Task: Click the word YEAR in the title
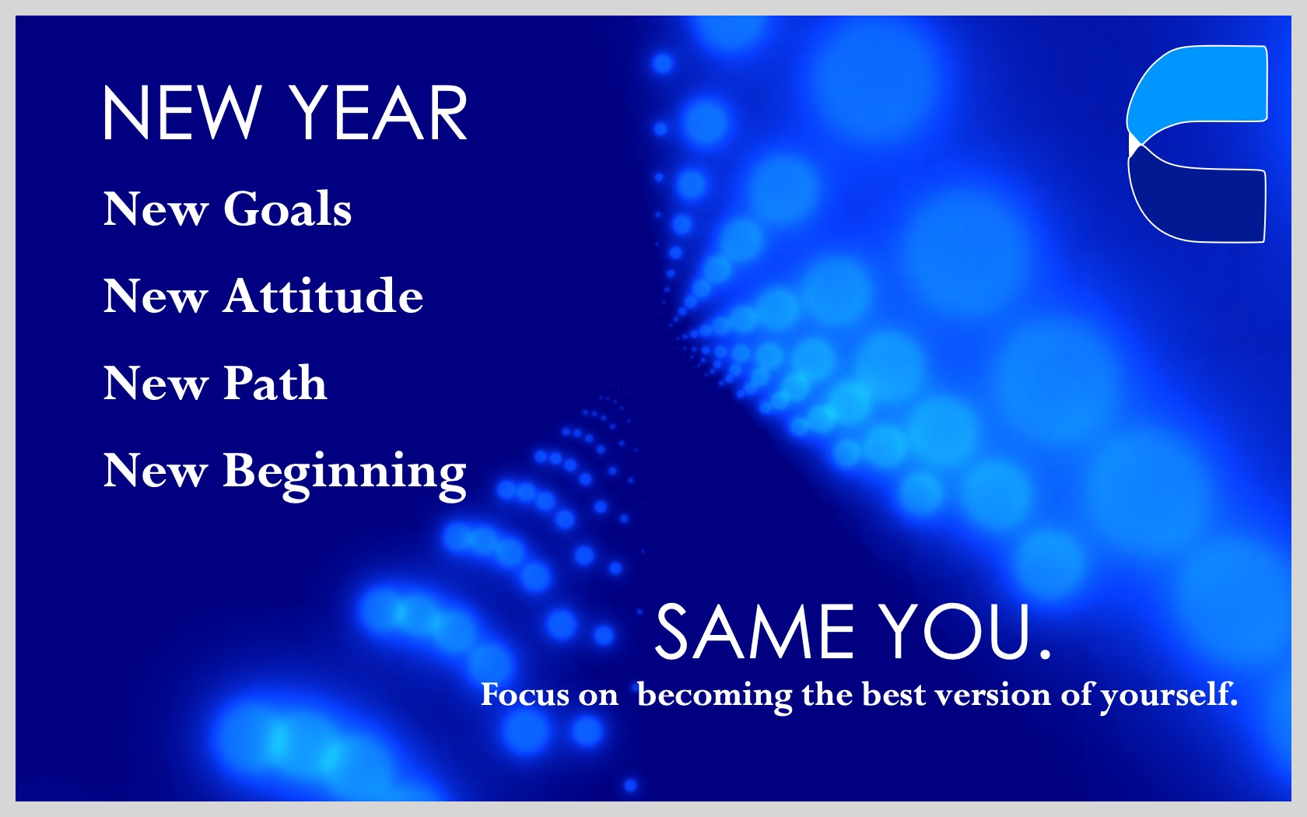(x=380, y=113)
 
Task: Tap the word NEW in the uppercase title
(x=181, y=113)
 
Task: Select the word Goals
(x=287, y=209)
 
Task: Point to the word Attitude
(x=323, y=296)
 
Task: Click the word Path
(x=275, y=383)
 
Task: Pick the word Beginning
(x=344, y=475)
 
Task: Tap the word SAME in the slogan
(x=755, y=633)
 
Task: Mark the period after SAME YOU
(x=1044, y=654)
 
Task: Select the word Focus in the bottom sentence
(x=525, y=694)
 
